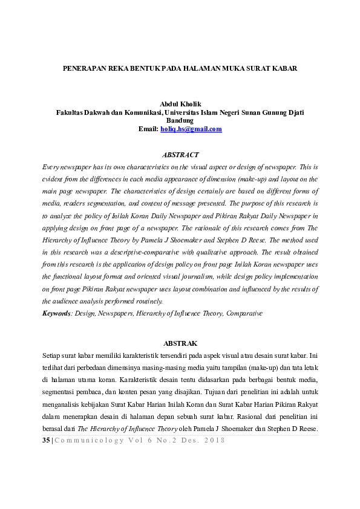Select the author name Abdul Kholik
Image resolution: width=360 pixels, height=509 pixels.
[x=180, y=104]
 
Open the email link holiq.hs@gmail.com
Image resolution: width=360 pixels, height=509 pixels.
[x=191, y=129]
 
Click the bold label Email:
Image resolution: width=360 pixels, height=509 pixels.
[x=148, y=129]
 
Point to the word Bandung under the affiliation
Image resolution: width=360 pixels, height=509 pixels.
[x=180, y=120]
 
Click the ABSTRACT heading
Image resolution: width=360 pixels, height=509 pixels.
[x=180, y=155]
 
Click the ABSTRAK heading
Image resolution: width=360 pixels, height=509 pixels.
[x=180, y=343]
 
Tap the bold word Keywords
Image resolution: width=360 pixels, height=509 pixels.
[x=56, y=313]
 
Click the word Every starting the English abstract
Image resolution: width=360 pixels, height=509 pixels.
[x=52, y=166]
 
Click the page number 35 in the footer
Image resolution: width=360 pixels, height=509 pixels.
[x=46, y=441]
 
